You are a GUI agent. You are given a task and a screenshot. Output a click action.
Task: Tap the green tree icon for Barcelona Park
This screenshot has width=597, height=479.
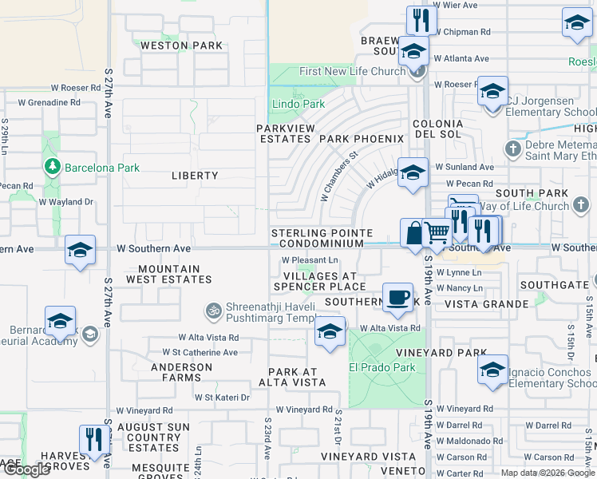tap(53, 167)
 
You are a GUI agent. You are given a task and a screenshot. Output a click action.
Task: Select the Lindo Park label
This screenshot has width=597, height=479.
tap(298, 104)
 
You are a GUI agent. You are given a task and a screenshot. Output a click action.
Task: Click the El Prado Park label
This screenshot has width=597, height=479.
tap(382, 368)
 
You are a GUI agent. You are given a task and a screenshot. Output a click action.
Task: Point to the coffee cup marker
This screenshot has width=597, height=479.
tap(397, 298)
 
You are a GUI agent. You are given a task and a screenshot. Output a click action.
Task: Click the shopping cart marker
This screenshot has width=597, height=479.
tap(436, 233)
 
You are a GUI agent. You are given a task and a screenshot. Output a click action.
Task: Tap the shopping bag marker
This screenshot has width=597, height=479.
tap(414, 234)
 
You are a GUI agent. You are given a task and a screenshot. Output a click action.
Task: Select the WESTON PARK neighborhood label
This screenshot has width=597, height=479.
tap(181, 46)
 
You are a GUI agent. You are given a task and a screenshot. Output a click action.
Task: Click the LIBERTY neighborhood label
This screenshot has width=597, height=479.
tap(195, 176)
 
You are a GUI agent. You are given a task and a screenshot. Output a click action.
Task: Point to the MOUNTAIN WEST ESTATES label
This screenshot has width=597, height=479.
tap(175, 275)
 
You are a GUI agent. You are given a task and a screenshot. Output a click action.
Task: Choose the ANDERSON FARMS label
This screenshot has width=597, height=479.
tap(182, 373)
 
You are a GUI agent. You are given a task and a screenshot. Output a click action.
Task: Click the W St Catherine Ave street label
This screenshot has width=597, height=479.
tap(200, 352)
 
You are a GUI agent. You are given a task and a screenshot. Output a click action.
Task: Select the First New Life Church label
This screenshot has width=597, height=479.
tap(353, 72)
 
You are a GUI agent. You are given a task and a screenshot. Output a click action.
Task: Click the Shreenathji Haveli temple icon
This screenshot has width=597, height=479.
tap(212, 310)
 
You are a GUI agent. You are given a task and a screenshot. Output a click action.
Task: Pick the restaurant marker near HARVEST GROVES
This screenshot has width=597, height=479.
tap(94, 440)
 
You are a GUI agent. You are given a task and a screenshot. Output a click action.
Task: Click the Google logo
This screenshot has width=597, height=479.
tap(26, 469)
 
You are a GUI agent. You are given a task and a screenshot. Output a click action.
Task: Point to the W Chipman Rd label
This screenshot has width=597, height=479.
tap(463, 32)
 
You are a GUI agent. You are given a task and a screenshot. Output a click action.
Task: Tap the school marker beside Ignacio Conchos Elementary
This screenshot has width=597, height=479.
tap(493, 370)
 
